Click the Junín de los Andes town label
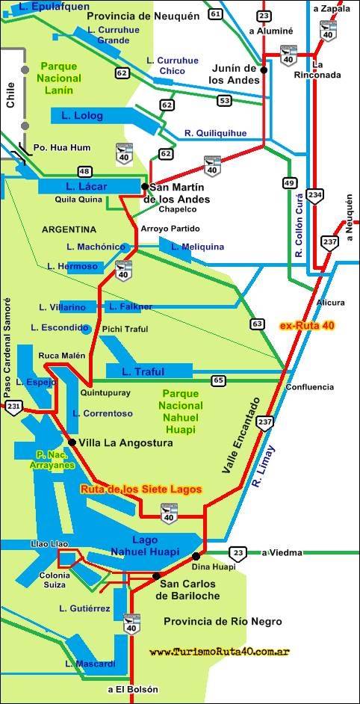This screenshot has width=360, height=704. click(237, 73)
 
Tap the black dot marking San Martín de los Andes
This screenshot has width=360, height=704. click(145, 186)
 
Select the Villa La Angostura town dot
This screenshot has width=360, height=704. click(72, 442)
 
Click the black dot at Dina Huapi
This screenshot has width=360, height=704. click(196, 556)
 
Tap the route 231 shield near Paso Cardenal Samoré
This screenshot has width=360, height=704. click(13, 407)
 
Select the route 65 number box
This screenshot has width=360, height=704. click(218, 380)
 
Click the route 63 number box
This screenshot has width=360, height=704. click(258, 324)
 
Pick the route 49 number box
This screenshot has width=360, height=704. click(289, 182)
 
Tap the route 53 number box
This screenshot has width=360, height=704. click(224, 100)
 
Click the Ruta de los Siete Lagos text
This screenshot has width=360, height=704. click(141, 490)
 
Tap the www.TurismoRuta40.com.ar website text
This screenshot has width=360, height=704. click(219, 652)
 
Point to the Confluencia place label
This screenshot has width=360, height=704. click(309, 387)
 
